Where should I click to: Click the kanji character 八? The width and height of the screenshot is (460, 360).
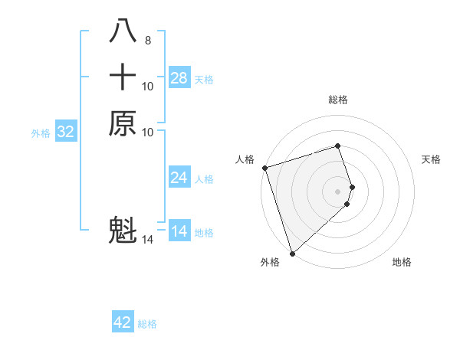click(x=123, y=31)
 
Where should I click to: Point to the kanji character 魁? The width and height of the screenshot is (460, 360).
click(x=123, y=231)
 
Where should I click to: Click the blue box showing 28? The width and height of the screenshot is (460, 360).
click(x=179, y=78)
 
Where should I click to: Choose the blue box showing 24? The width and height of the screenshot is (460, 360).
click(x=179, y=178)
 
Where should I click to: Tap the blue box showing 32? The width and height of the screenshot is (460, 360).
click(x=66, y=132)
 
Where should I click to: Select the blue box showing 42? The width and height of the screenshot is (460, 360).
click(x=123, y=322)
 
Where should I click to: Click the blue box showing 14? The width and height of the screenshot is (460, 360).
click(x=179, y=231)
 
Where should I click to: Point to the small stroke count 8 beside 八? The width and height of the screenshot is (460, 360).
click(x=147, y=40)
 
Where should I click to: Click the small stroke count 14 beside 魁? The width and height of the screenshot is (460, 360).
click(x=148, y=240)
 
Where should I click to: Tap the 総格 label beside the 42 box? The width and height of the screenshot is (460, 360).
click(x=147, y=324)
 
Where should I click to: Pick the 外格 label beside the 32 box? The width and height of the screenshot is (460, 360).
click(x=41, y=133)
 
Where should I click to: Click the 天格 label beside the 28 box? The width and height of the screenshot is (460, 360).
click(x=204, y=80)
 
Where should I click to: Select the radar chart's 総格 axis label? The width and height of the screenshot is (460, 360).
click(x=338, y=100)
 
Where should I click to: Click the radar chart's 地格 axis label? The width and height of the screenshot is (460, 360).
click(x=402, y=262)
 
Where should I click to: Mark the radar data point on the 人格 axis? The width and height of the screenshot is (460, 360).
click(x=264, y=168)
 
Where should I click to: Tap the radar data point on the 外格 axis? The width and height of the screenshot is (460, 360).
click(x=292, y=253)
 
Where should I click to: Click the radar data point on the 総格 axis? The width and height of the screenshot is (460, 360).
click(x=338, y=146)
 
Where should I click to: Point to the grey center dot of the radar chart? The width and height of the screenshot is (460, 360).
click(x=338, y=191)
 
